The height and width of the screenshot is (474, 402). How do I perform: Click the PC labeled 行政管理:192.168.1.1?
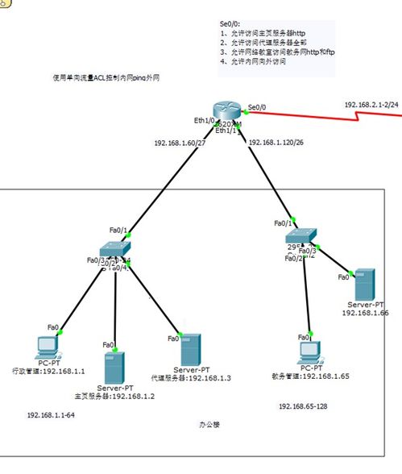tap(46, 347)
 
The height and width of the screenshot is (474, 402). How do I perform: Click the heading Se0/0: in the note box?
tap(230, 26)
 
